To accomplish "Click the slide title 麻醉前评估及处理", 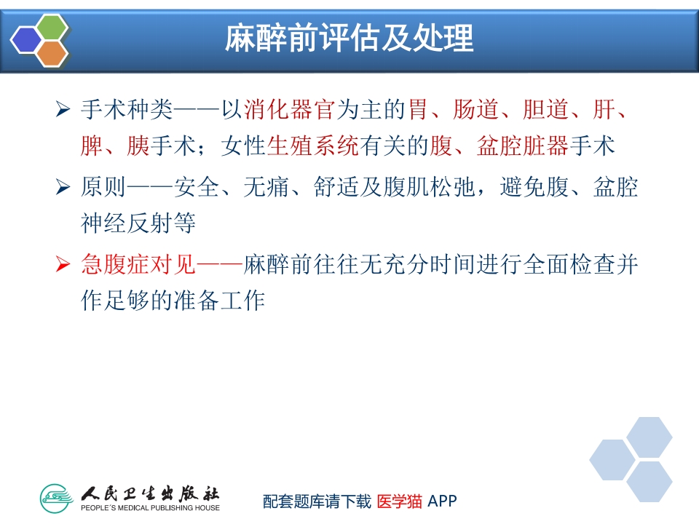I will click(349, 39).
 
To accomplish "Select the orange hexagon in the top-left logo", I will click(51, 52).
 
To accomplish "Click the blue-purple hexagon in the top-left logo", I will click(26, 40).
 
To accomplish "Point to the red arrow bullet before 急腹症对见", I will click(63, 266).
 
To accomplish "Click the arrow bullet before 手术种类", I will click(63, 111).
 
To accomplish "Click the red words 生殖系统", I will click(313, 146).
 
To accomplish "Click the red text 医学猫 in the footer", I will click(400, 501).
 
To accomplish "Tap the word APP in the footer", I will click(443, 501).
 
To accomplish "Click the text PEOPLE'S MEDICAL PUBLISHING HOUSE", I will click(150, 507).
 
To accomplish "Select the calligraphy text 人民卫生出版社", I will click(150, 492).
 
